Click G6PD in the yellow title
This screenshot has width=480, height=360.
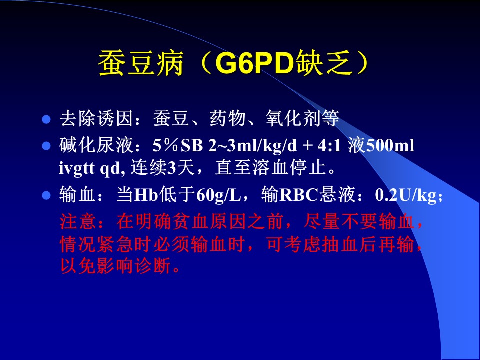point(254,63)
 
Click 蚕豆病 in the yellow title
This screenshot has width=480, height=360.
point(141,63)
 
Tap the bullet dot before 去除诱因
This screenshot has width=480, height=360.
point(46,119)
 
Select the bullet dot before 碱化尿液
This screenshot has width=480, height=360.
point(46,146)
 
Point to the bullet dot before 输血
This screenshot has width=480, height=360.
point(46,195)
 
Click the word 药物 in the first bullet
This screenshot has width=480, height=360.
point(228,118)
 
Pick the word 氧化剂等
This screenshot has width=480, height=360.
point(302,118)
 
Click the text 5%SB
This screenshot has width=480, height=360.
point(178,145)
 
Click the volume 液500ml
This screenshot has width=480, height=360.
point(381,145)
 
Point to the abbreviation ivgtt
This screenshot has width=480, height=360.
point(77,168)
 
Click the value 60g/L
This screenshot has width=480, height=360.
point(218,195)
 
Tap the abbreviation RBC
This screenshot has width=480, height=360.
point(299,195)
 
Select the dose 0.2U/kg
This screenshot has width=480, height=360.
point(406,195)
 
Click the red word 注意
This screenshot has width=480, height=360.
point(78,221)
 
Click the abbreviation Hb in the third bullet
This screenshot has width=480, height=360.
point(146,195)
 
